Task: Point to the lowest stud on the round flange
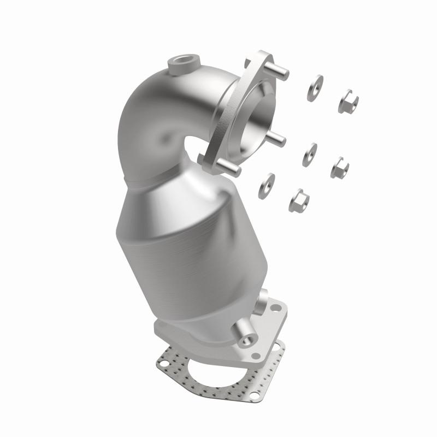coord(231,169)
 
